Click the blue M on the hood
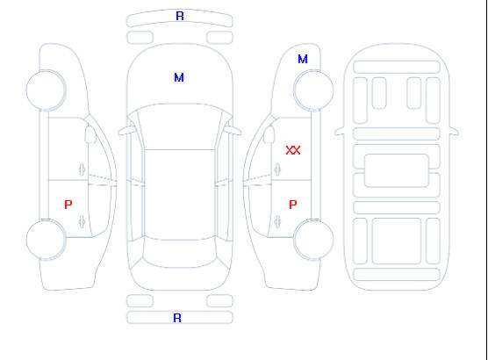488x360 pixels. click(x=179, y=77)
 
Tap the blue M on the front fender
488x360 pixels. click(x=303, y=59)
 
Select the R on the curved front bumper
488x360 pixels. click(x=180, y=16)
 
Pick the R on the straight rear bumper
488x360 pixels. click(x=177, y=318)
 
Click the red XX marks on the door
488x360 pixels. click(x=293, y=150)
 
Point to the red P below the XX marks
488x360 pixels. click(x=292, y=205)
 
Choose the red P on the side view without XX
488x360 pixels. click(x=68, y=205)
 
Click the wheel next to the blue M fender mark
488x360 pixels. click(x=313, y=90)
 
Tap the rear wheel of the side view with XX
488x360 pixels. click(x=313, y=239)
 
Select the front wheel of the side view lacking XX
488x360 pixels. click(x=46, y=90)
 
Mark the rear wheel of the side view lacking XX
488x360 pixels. click(x=46, y=239)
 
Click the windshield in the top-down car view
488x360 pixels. click(x=180, y=126)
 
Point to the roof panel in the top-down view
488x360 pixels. click(x=180, y=195)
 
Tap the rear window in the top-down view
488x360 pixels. click(x=180, y=253)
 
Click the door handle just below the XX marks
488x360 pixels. click(x=277, y=169)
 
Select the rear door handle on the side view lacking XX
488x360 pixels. click(x=82, y=221)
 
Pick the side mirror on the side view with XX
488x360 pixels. click(x=269, y=134)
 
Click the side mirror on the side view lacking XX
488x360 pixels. click(x=90, y=134)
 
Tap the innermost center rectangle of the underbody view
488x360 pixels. click(x=397, y=170)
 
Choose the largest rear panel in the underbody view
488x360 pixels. click(x=397, y=241)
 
